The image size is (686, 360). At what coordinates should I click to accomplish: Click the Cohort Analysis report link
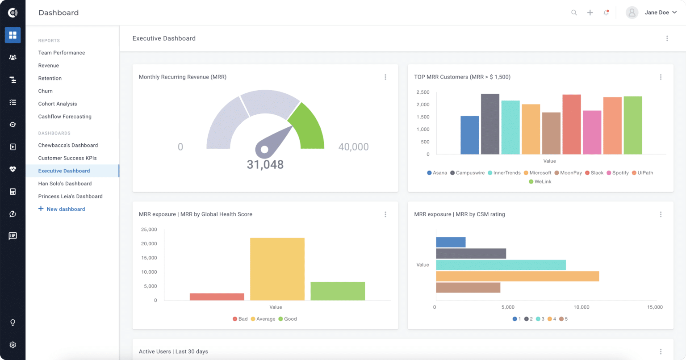pos(58,104)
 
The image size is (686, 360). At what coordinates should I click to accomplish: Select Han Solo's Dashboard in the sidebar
pos(65,184)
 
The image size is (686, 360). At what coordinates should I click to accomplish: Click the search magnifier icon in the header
pos(574,13)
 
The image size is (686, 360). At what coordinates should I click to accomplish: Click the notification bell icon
pos(606,13)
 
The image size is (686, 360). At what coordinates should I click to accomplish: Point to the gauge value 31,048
pos(265,165)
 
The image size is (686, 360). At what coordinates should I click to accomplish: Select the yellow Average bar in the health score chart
pos(277,269)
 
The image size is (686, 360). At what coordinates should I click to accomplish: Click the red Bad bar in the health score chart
pos(217,297)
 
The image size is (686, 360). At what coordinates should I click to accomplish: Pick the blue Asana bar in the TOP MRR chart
pos(469,135)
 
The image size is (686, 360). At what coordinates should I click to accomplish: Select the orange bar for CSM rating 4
pos(517,276)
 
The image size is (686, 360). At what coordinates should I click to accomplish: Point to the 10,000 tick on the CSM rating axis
pos(581,307)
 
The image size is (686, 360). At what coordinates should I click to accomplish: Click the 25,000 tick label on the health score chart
pos(149,230)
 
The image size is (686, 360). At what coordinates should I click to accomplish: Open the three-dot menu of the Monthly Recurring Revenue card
pos(385,77)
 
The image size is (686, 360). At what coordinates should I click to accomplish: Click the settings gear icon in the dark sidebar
pos(13,345)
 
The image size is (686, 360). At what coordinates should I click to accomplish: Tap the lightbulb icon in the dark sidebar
pos(13,322)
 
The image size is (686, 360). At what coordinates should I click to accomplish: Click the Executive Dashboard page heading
pos(164,38)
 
